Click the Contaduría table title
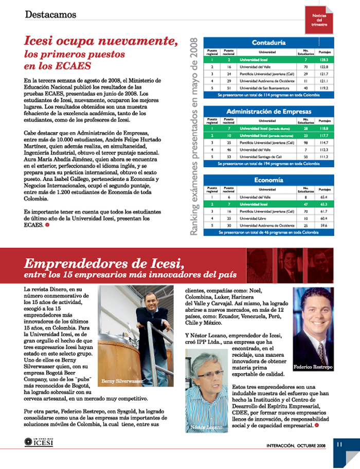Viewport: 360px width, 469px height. click(x=269, y=42)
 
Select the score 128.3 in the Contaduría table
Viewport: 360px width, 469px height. click(x=324, y=60)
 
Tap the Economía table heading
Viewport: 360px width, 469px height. click(x=269, y=181)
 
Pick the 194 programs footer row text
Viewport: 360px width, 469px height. click(x=269, y=164)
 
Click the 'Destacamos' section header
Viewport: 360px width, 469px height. click(x=50, y=15)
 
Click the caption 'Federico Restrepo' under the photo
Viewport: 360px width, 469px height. click(x=313, y=367)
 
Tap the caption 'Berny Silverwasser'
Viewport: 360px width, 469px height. click(x=121, y=381)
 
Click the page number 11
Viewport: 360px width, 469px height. click(x=339, y=444)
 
